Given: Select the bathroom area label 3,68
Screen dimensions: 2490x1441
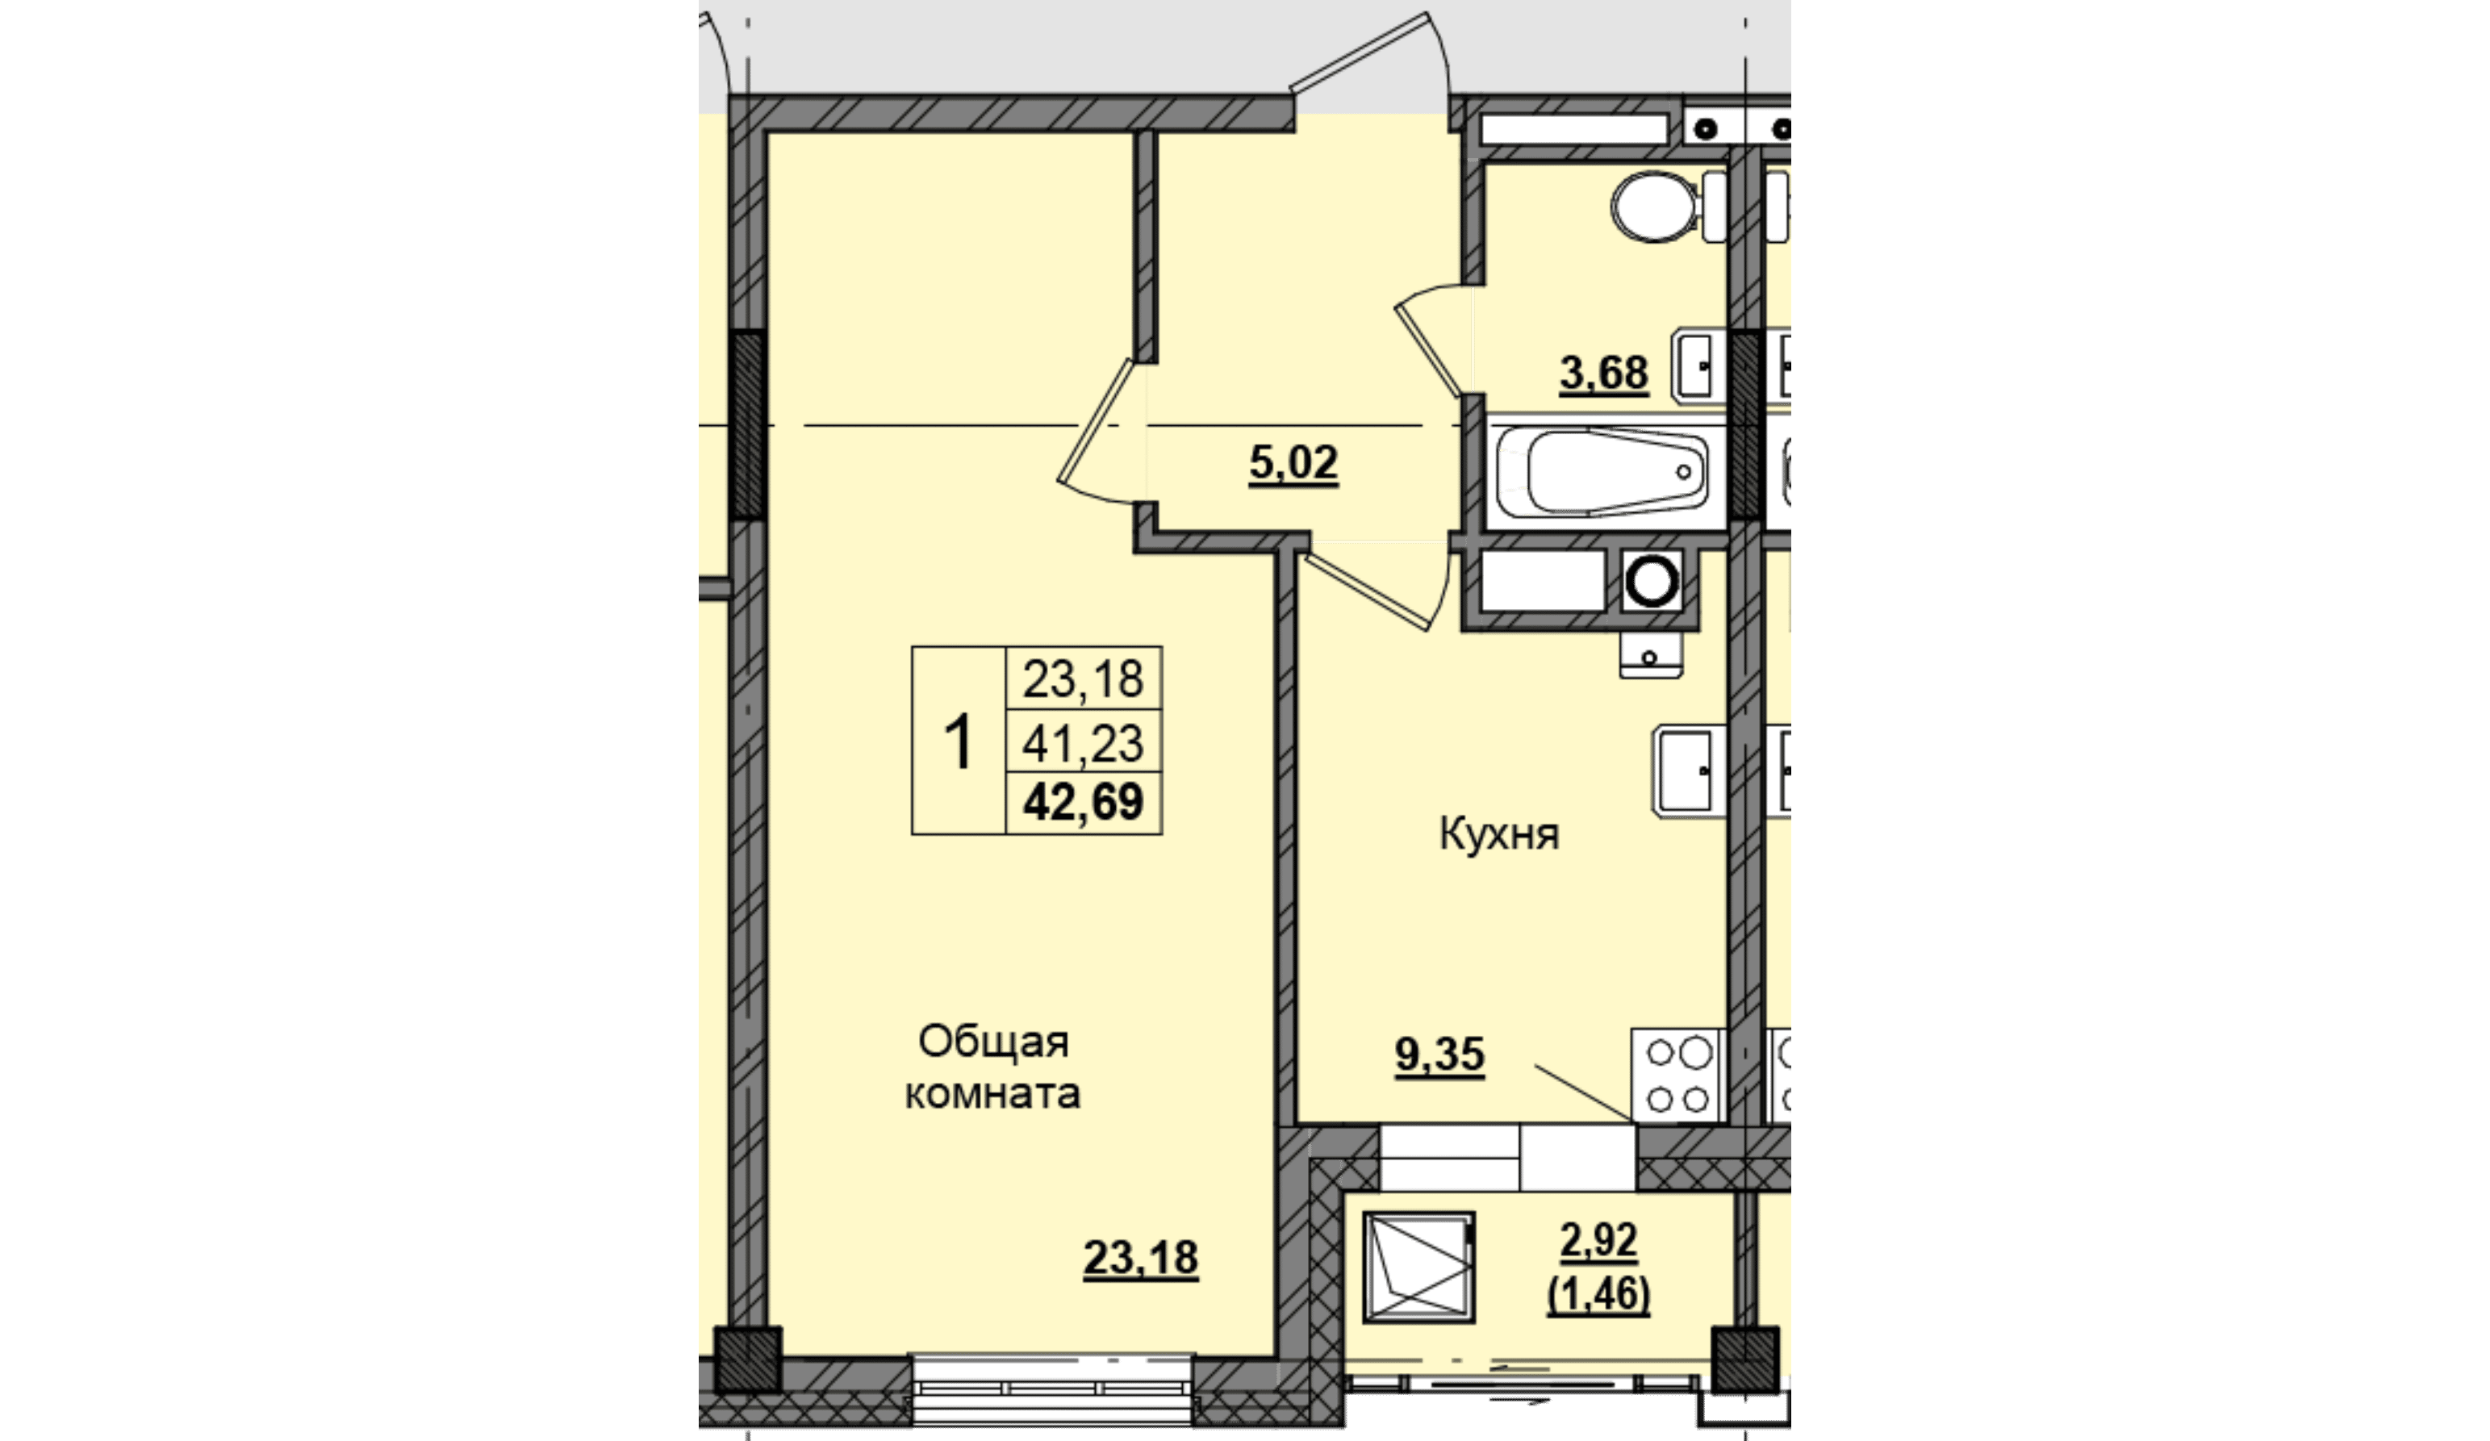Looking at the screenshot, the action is click(1604, 374).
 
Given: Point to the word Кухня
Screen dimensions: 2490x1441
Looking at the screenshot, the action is click(1499, 834).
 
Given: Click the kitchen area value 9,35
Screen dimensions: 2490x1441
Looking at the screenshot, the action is click(1439, 1055).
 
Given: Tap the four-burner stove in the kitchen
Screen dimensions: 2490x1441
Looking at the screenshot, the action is click(1677, 1076).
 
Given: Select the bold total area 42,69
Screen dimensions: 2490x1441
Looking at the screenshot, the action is click(1083, 801).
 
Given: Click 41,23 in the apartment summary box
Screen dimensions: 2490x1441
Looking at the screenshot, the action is click(1083, 743).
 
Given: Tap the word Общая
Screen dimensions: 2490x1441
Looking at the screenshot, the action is click(994, 1042).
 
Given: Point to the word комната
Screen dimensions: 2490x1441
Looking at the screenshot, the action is click(993, 1094).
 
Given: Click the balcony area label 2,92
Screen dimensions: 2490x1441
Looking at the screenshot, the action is click(1598, 1240).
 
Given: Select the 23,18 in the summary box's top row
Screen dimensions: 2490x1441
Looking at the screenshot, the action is click(1083, 679).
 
